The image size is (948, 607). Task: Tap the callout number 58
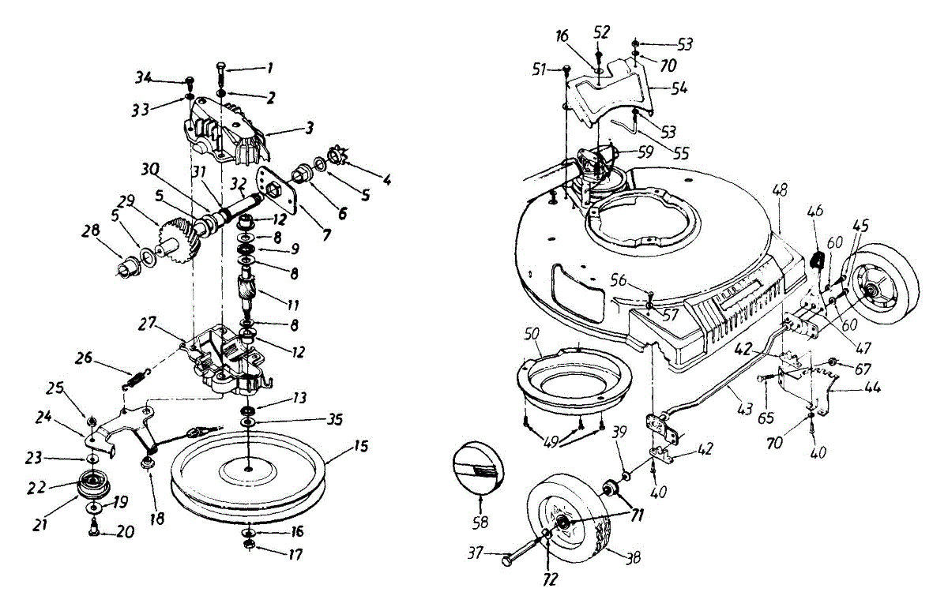coord(480,522)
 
